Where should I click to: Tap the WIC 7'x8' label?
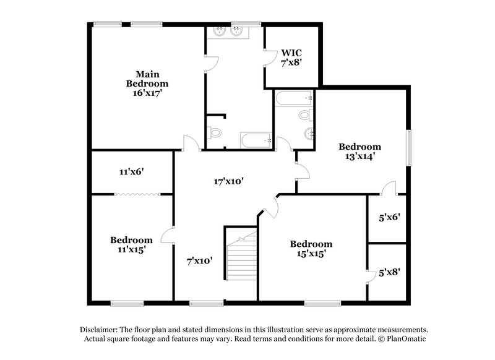tap(291, 57)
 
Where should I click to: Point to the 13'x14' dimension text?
tap(359, 157)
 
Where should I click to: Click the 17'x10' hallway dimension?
tap(229, 182)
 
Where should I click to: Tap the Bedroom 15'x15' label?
tap(311, 248)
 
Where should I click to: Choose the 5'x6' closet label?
tap(389, 217)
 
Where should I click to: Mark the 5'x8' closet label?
tap(389, 271)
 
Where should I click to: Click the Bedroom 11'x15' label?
tap(131, 245)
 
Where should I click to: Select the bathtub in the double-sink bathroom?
tap(256, 140)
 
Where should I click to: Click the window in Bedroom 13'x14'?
tap(408, 147)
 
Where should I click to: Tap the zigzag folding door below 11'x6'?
tap(138, 194)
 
